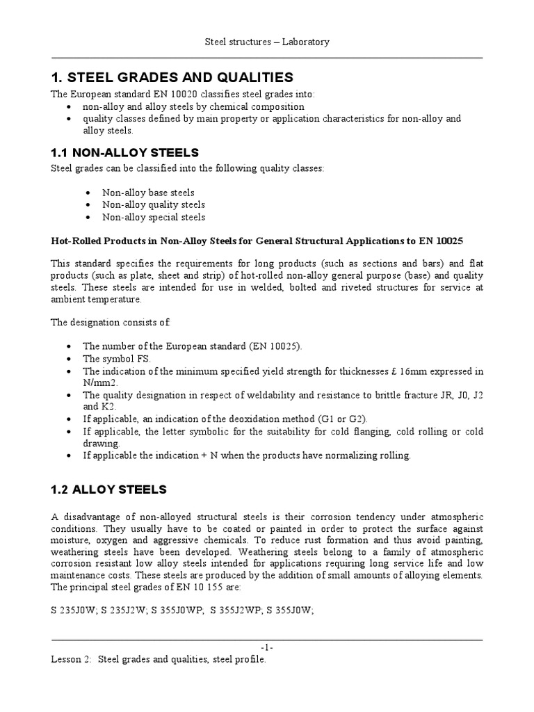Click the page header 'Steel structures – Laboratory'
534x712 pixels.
pos(267,42)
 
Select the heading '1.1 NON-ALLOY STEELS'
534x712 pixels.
pos(125,152)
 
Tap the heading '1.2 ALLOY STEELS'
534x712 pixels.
pos(109,489)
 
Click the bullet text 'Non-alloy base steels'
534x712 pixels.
pos(148,193)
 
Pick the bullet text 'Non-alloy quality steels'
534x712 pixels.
pos(154,205)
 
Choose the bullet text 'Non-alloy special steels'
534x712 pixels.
pos(154,218)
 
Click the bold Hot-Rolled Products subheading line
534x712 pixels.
pos(257,241)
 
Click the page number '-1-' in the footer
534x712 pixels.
pos(267,647)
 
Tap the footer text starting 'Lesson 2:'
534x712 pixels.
pos(159,658)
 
